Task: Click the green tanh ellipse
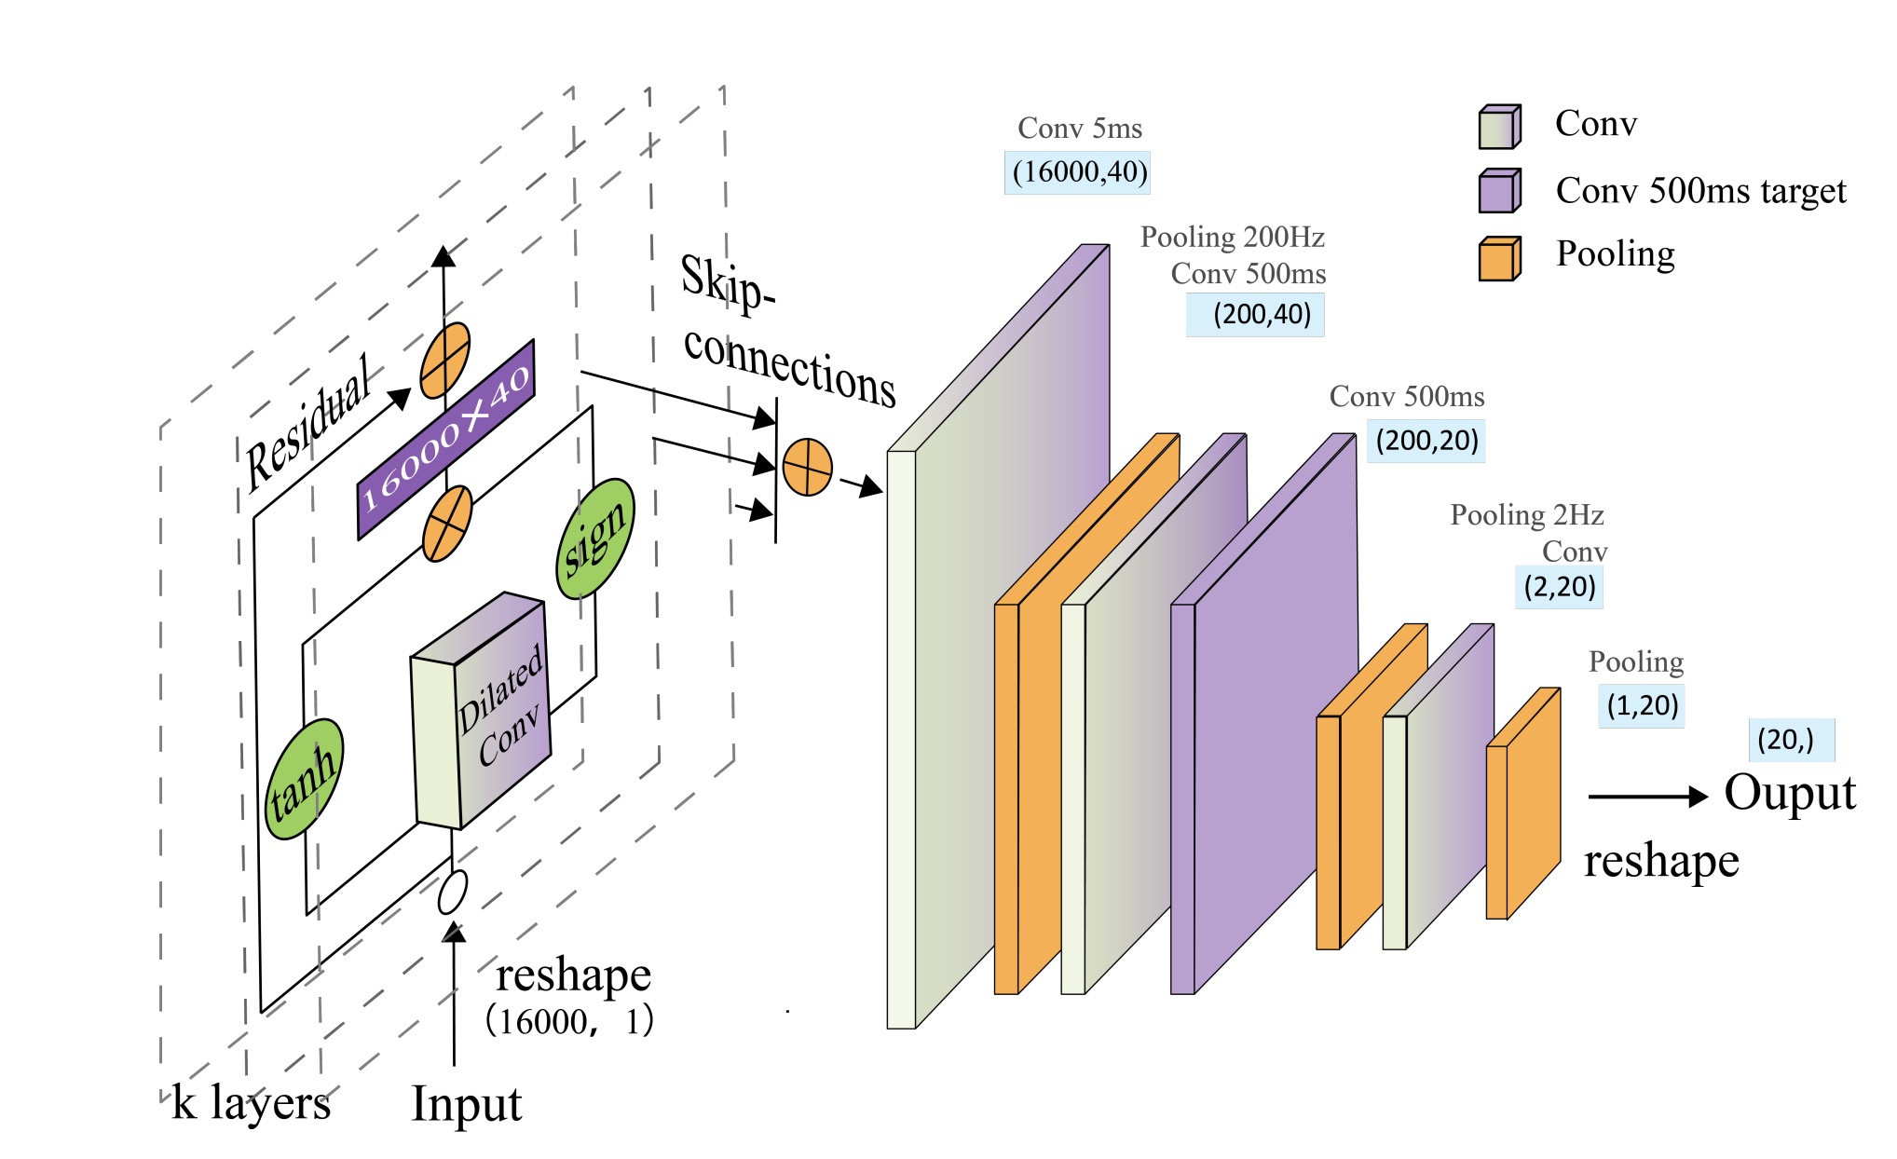point(304,779)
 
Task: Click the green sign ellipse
point(595,539)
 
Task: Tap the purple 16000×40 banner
point(445,439)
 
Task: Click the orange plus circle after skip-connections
point(807,467)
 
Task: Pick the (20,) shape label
point(1790,740)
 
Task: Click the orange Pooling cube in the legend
point(1499,258)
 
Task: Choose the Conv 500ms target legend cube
point(1499,191)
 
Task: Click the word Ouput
point(1789,793)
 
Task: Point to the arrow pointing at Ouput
point(1646,797)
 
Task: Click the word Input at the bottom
point(466,1104)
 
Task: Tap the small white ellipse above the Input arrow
point(453,892)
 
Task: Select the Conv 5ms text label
point(1079,129)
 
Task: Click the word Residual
point(308,424)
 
